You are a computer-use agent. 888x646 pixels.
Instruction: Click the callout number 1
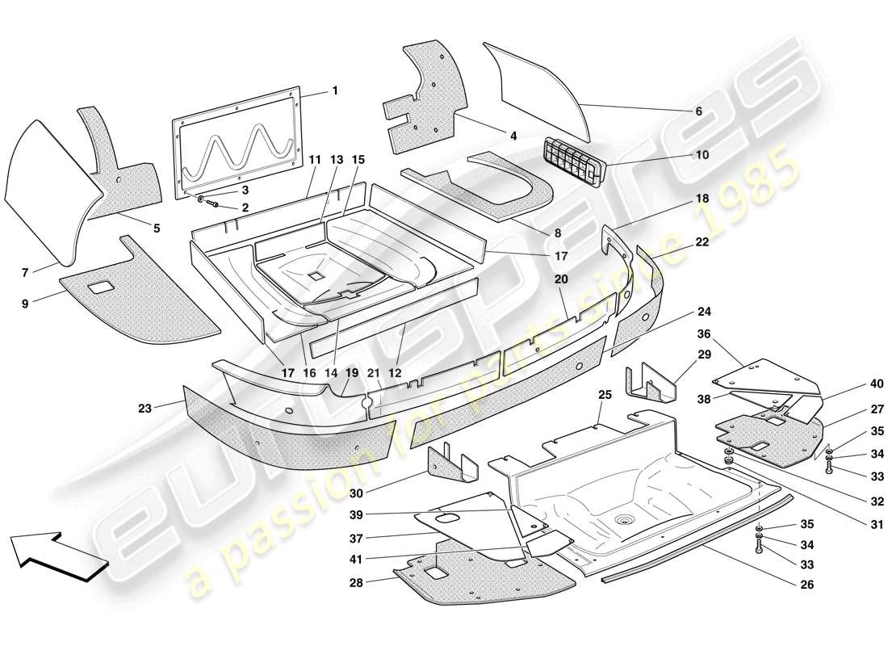pyautogui.click(x=335, y=91)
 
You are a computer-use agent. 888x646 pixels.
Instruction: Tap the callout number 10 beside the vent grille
pyautogui.click(x=702, y=154)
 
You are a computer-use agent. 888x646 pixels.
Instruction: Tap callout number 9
pyautogui.click(x=25, y=304)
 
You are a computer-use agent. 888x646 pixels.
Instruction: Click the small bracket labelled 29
pyautogui.click(x=651, y=382)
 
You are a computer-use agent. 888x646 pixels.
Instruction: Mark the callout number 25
pyautogui.click(x=605, y=395)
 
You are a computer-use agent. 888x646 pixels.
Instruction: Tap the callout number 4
pyautogui.click(x=513, y=136)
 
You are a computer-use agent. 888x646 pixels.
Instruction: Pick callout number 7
pyautogui.click(x=25, y=274)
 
